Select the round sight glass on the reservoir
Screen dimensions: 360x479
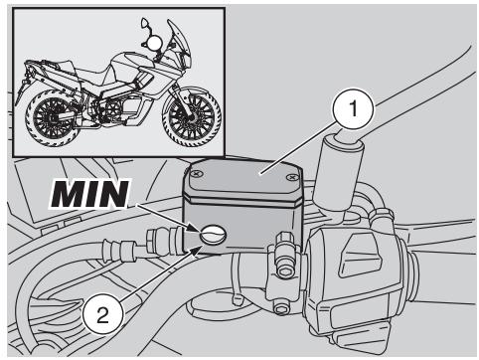(x=213, y=235)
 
